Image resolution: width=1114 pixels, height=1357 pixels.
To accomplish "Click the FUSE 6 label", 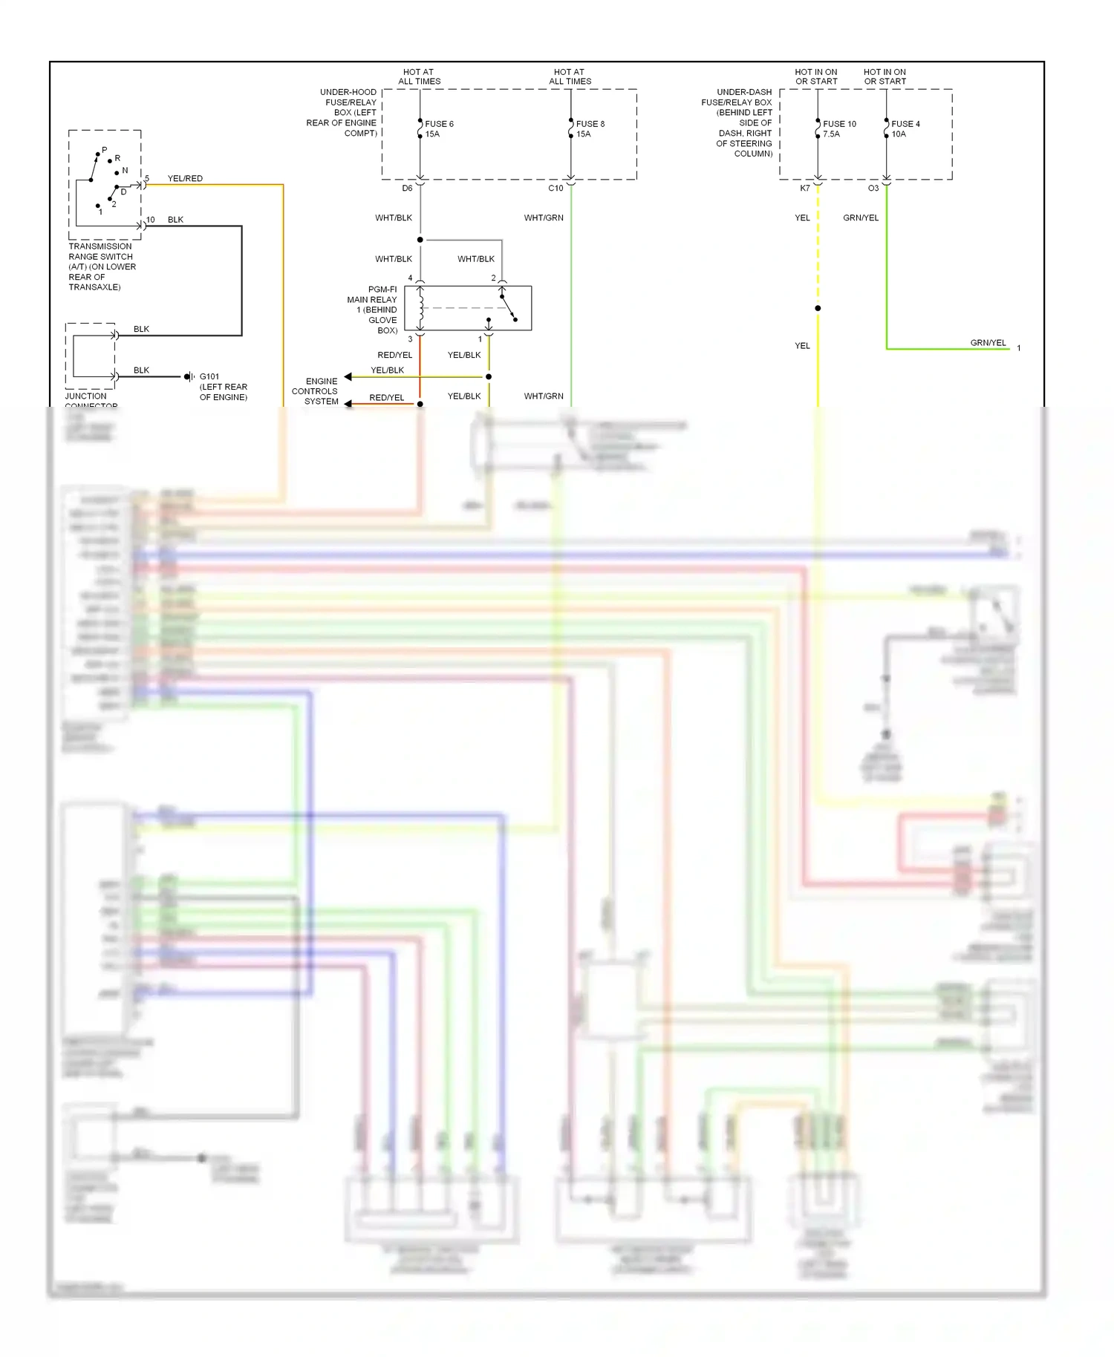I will coord(439,124).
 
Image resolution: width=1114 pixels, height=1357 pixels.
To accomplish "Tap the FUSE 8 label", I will coord(590,124).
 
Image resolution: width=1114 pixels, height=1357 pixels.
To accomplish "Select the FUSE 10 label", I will coord(839,124).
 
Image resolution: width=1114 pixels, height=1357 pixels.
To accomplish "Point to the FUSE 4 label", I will coord(905,124).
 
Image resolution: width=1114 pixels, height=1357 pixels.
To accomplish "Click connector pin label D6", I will coord(407,189).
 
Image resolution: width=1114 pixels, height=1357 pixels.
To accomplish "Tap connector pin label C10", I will coord(556,189).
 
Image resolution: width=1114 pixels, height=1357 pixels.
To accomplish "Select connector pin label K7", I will coord(805,189).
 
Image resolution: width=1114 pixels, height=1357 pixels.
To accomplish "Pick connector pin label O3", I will coord(873,189).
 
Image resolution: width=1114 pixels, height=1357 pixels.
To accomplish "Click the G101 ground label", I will coord(209,376).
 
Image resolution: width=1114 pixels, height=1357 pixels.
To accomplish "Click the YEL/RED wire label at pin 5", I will coord(185,179).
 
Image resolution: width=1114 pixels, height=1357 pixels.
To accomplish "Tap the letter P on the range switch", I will coord(104,150).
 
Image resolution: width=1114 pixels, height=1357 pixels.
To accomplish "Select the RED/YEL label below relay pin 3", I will coord(394,355).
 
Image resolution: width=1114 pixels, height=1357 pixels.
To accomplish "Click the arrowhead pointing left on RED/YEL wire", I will coord(348,404).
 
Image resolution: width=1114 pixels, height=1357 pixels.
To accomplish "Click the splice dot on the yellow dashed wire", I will coord(818,308).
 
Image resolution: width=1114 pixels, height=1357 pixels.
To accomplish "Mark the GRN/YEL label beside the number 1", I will coord(988,343).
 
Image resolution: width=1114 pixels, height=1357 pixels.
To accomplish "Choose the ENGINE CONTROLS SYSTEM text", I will coord(315,391).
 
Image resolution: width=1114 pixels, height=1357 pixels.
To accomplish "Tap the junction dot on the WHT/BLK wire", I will coord(420,240).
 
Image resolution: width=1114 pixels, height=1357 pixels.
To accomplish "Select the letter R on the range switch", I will coord(117,158).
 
